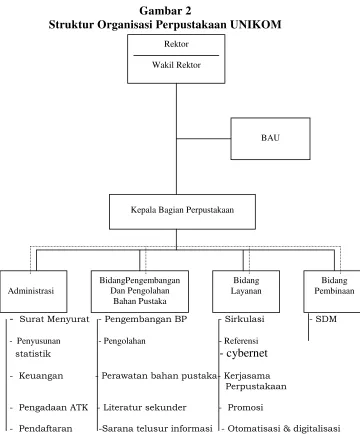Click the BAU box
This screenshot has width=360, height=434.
[270, 138]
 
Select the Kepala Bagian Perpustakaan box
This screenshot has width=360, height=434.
[182, 212]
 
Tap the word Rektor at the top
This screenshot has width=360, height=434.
[176, 44]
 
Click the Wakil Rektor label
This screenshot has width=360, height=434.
[176, 65]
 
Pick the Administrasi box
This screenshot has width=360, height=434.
[33, 291]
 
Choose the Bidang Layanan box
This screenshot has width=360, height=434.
[246, 291]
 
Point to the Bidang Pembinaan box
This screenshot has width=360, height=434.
[332, 291]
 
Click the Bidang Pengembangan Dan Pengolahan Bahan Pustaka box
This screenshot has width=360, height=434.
[140, 291]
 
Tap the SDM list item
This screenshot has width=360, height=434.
[326, 319]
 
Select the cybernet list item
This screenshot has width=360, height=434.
[247, 353]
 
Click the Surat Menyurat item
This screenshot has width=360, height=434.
[54, 319]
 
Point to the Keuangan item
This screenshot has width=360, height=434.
[41, 376]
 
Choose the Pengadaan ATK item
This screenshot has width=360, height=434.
[53, 407]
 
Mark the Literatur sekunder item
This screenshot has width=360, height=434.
[145, 407]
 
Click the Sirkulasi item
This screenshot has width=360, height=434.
[244, 319]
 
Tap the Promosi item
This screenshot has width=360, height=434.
[245, 407]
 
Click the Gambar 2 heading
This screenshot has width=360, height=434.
[165, 11]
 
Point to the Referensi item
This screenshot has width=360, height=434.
[241, 341]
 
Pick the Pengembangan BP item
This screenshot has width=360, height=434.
[146, 319]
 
